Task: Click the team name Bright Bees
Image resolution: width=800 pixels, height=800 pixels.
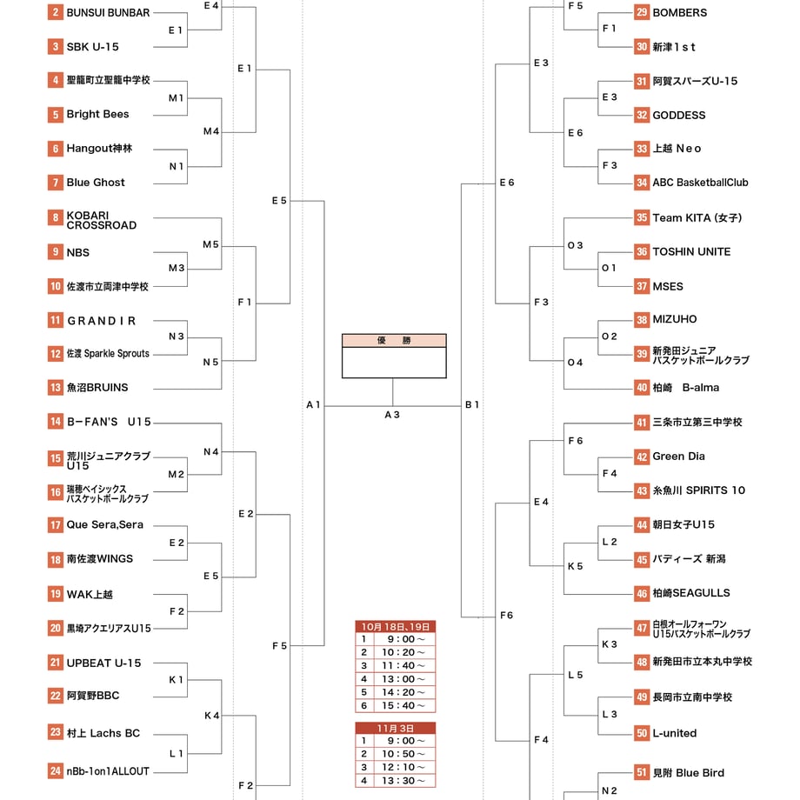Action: point(97,114)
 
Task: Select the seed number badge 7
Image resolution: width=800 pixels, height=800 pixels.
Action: point(55,183)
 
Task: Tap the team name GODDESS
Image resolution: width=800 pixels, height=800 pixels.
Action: point(678,116)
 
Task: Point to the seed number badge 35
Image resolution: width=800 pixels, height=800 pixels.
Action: point(642,218)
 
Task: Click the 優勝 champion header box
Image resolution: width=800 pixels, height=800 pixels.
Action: point(394,340)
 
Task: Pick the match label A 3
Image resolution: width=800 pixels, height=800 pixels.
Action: point(392,415)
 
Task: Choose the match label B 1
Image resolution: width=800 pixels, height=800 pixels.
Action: point(472,404)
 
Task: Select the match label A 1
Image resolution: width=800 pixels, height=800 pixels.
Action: point(313,404)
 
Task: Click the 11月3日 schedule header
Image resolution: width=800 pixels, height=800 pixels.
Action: point(396,728)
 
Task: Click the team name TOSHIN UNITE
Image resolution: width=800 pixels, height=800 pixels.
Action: point(691,251)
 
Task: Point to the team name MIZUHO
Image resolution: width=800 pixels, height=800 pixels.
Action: point(675,319)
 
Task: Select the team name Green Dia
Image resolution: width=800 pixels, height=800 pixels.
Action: point(678,457)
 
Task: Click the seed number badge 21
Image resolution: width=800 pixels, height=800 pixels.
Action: point(55,663)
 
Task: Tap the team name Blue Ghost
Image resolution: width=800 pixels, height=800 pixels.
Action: point(96,183)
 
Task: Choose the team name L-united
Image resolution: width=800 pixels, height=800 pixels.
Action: point(675,733)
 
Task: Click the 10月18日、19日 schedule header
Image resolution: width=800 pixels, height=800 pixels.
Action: point(396,627)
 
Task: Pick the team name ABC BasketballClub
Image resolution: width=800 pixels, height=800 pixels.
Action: point(701,183)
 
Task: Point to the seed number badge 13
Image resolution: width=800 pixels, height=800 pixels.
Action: point(55,388)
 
